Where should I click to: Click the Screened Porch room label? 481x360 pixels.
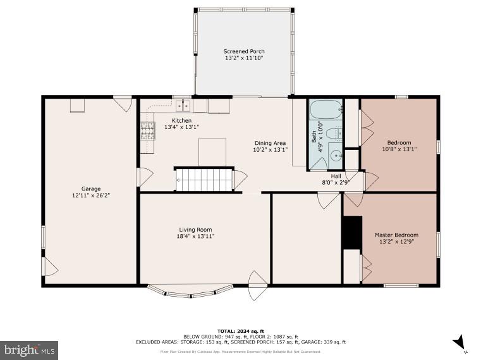243,51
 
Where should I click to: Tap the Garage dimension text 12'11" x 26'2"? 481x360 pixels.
91,196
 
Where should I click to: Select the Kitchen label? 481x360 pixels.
181,120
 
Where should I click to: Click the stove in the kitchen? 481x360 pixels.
147,131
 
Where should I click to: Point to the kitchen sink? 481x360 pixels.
183,106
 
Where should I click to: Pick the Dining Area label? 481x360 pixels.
270,143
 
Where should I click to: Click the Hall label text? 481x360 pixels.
336,176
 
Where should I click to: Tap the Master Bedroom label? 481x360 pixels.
396,235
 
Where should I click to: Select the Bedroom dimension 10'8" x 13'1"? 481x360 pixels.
399,149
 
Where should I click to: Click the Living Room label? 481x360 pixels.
195,230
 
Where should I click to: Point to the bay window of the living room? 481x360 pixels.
190,292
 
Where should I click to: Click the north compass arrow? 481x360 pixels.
459,342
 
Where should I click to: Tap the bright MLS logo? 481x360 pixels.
29,349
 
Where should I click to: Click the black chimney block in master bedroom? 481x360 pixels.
352,232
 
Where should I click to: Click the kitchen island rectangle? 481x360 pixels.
212,152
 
